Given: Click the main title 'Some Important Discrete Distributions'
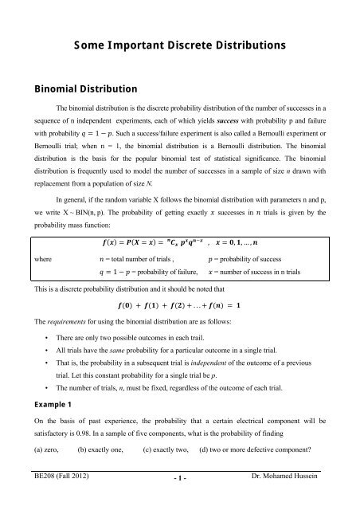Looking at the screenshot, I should [x=179, y=42].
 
